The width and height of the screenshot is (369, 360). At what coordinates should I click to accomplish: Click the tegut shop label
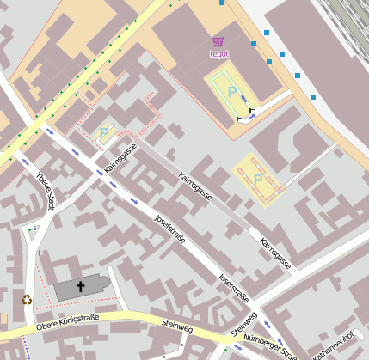coord(219,53)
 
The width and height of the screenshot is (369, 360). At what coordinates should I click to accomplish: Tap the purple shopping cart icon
coord(218,40)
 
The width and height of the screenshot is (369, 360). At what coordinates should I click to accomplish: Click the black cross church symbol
coord(82,286)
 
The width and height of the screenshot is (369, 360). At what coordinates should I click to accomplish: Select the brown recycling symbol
coord(27,300)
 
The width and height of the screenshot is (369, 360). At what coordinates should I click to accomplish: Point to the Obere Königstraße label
coord(68,322)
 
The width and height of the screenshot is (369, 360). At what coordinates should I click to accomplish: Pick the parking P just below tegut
coord(231,90)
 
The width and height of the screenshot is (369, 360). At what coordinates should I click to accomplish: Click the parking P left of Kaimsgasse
coord(104,132)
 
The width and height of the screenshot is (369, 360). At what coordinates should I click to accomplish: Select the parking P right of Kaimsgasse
coord(257,179)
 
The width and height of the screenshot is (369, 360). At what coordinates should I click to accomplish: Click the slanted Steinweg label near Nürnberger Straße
coord(244,323)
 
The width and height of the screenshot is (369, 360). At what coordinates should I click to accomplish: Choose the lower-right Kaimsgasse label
coord(275,253)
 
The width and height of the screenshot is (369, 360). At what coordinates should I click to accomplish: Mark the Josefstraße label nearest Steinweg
coord(233,288)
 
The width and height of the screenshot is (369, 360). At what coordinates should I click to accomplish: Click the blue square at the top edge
coord(222,3)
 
